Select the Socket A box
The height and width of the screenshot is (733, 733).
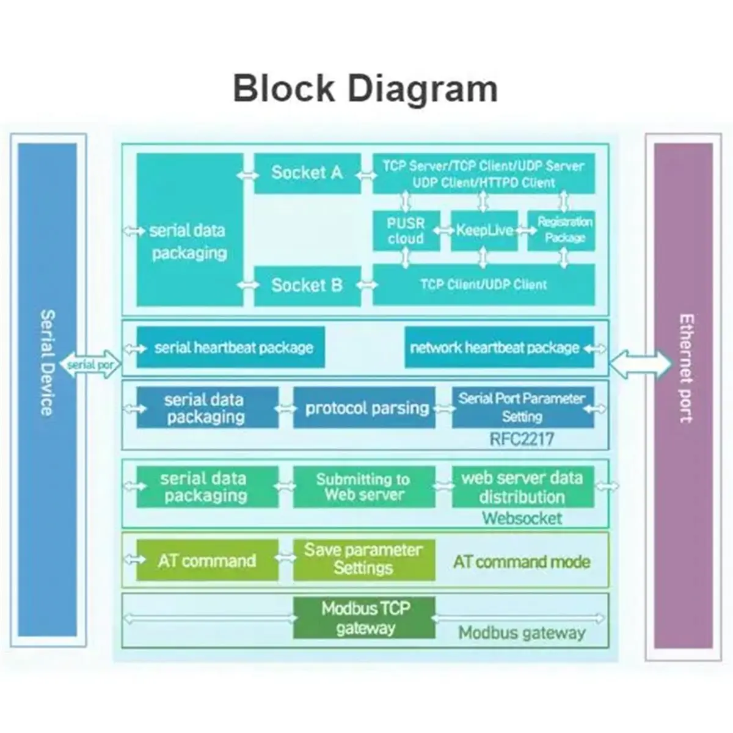click(307, 173)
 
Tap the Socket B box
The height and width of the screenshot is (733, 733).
click(307, 285)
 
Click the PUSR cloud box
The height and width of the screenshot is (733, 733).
click(406, 231)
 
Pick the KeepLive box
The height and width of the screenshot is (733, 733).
click(484, 230)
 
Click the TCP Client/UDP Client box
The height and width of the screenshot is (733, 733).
click(483, 285)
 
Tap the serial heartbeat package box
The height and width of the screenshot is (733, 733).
click(231, 348)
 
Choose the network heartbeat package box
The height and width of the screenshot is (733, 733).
click(498, 348)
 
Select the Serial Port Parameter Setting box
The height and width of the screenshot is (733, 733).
click(522, 407)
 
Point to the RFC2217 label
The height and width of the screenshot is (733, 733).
click(522, 439)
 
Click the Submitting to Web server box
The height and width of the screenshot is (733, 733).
click(365, 487)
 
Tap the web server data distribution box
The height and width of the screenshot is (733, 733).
click(522, 487)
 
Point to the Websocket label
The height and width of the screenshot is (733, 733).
click(522, 519)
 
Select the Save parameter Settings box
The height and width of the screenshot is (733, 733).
click(365, 559)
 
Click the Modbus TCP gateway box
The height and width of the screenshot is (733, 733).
click(365, 618)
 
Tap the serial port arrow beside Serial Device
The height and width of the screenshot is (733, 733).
click(90, 365)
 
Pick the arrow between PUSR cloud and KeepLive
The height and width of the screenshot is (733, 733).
click(445, 231)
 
